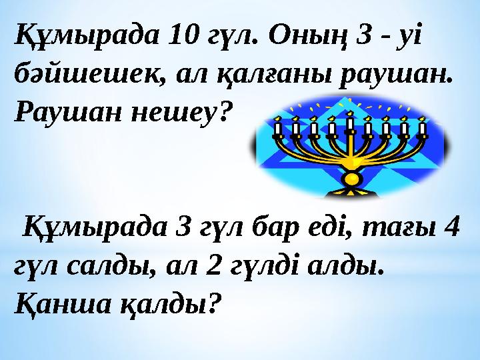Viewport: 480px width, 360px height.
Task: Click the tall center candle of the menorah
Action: [350, 123]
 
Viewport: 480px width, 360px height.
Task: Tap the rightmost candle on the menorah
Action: [421, 127]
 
